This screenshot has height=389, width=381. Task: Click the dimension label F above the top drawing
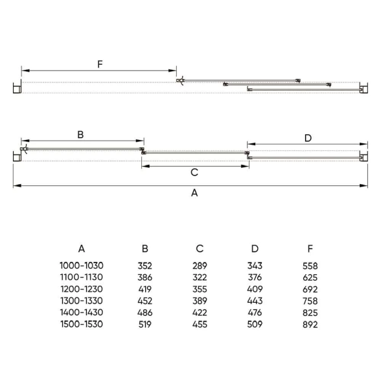(x=100, y=64)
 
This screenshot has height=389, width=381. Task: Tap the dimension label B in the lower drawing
(x=80, y=135)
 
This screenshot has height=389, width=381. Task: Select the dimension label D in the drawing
(x=308, y=138)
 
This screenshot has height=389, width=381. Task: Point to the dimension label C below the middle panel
(x=194, y=172)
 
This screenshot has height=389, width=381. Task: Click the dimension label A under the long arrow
(x=194, y=193)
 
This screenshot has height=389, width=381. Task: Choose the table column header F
(x=310, y=248)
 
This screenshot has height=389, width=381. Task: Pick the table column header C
(x=200, y=248)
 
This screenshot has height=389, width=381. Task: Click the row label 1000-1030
(x=82, y=266)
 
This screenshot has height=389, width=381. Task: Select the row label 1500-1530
(x=82, y=324)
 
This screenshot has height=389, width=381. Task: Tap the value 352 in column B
(x=144, y=266)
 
